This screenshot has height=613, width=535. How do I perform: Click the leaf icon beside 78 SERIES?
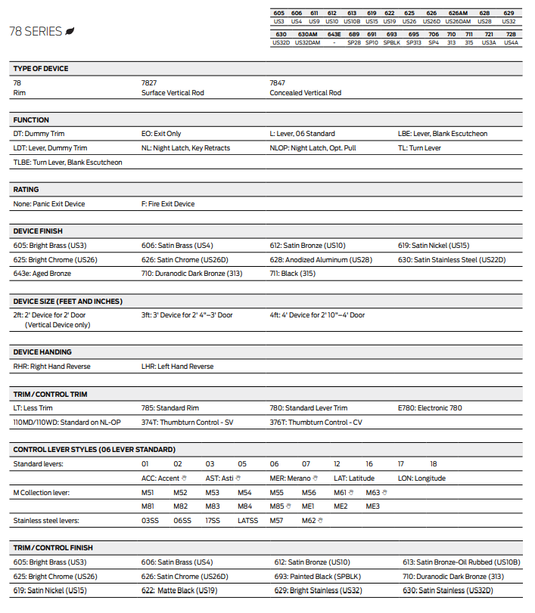point(70,31)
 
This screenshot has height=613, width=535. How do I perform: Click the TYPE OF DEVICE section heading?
point(41,69)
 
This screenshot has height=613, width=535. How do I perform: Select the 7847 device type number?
point(278,82)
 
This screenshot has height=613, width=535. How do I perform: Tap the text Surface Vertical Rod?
point(173,93)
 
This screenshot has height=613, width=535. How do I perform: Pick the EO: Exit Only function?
point(161,134)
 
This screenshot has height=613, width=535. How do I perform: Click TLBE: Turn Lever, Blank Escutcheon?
point(67,163)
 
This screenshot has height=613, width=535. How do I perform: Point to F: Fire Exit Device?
point(168,204)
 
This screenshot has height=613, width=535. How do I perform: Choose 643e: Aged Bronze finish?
point(42,274)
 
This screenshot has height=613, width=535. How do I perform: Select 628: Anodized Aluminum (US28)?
point(321,260)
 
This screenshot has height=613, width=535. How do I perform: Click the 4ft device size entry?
point(317,315)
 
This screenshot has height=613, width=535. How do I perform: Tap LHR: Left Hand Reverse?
point(177,367)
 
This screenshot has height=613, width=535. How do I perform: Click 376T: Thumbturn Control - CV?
point(316,423)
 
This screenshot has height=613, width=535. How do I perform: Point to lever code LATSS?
point(247,521)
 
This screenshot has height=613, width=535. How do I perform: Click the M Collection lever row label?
point(42,493)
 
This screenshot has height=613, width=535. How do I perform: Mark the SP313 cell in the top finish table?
point(413,43)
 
